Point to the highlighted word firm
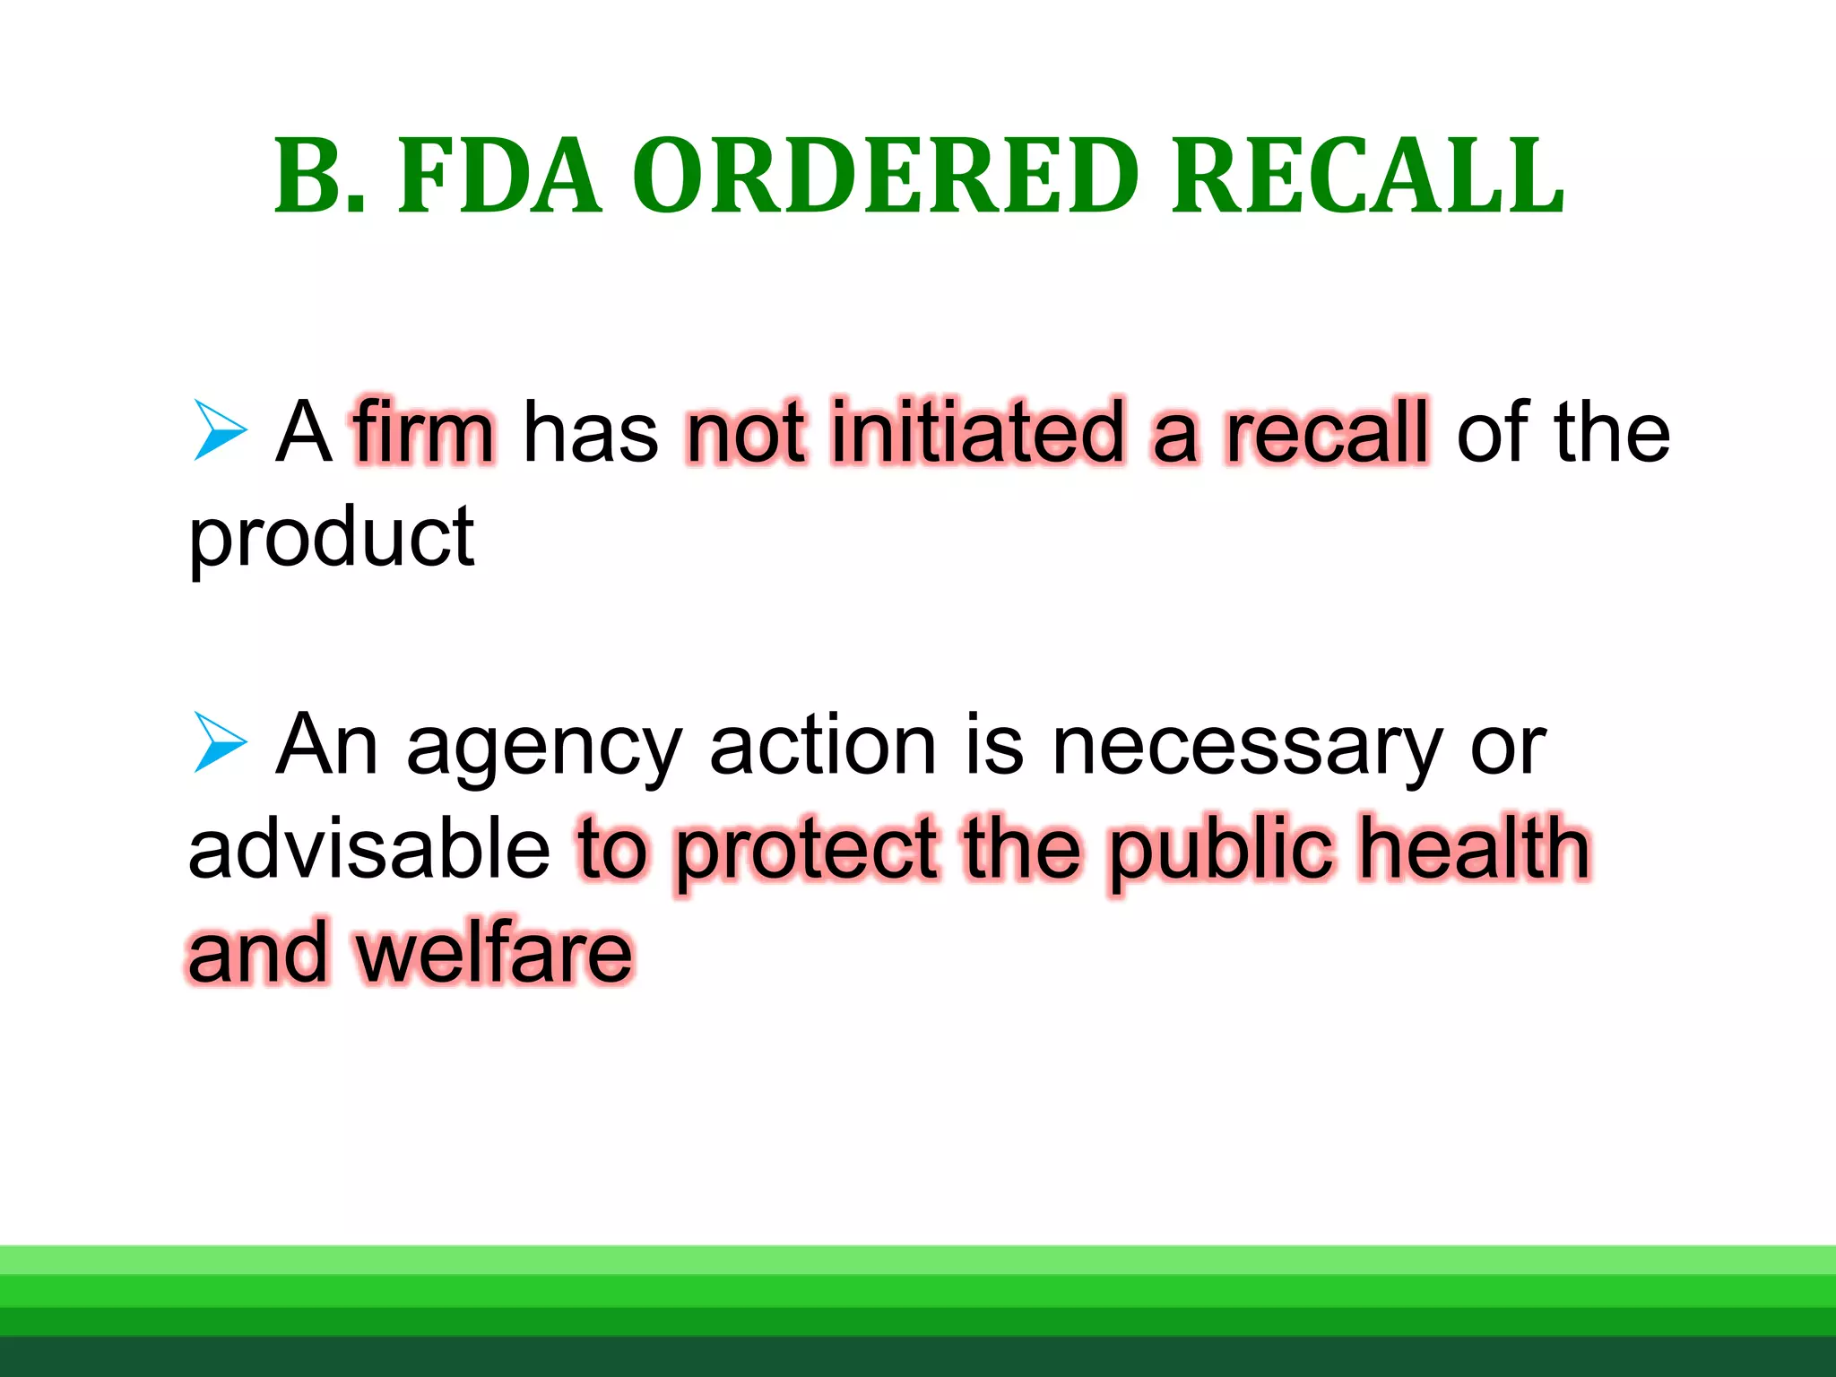point(424,432)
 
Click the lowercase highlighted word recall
point(1327,432)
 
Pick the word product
point(331,538)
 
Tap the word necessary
point(1247,746)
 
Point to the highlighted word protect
point(807,852)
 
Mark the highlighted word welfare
point(495,952)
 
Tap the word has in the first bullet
point(590,432)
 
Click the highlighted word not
point(745,432)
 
